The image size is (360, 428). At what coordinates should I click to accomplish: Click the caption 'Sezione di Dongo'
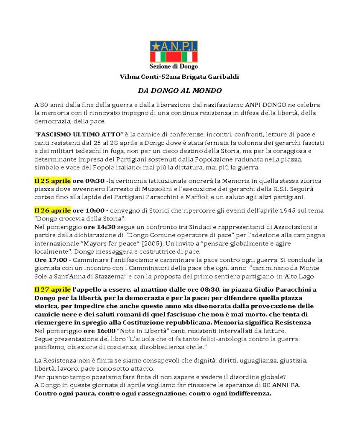coord(174,66)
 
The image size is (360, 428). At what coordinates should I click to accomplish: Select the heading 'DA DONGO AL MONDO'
coord(180,90)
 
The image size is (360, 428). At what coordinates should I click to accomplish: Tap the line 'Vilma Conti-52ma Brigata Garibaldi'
coord(179,77)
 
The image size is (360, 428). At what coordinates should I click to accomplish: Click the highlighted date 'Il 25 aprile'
coord(52,181)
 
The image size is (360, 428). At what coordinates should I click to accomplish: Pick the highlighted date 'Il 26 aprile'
coord(52,210)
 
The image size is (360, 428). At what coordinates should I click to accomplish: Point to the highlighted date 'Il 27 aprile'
coord(52,290)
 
